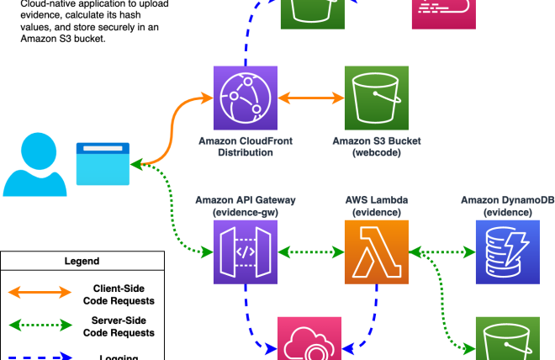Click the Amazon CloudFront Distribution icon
click(246, 96)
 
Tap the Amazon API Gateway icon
click(246, 250)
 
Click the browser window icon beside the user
click(103, 163)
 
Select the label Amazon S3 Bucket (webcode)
click(377, 146)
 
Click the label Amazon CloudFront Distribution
click(246, 146)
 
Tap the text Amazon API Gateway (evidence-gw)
click(246, 206)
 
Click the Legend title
click(82, 262)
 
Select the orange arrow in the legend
click(40, 293)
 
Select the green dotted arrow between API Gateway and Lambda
click(311, 250)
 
